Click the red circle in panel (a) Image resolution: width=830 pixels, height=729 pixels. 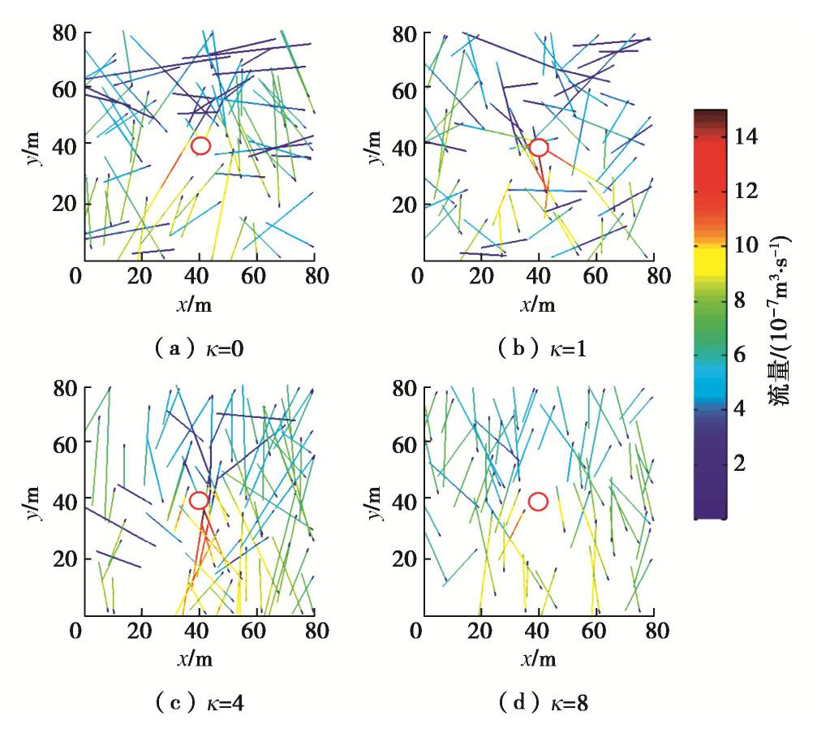(x=201, y=145)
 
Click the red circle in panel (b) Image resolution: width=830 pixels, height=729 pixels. (x=538, y=147)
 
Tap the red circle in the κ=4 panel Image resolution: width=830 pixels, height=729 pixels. (x=199, y=501)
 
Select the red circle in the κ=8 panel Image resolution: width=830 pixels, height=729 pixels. (x=538, y=502)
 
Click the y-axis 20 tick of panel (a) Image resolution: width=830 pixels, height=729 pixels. (x=62, y=203)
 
